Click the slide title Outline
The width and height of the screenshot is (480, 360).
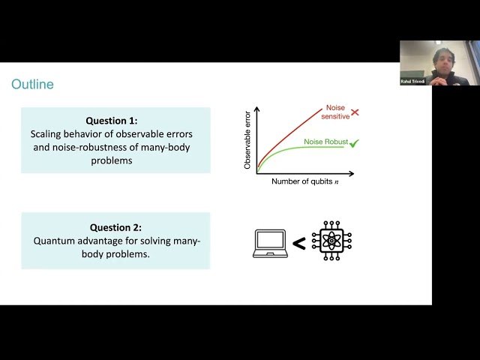tap(32, 85)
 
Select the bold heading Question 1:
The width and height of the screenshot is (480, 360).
tap(115, 119)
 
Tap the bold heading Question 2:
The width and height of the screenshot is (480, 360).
tap(115, 227)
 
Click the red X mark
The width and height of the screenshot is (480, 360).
tap(355, 112)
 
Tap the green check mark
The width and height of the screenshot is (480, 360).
tap(354, 142)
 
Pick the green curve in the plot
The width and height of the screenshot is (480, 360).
tap(300, 150)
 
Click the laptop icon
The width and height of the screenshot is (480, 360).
tap(270, 243)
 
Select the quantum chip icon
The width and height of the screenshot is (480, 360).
tap(331, 241)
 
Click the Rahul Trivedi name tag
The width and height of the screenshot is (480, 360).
tap(412, 81)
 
